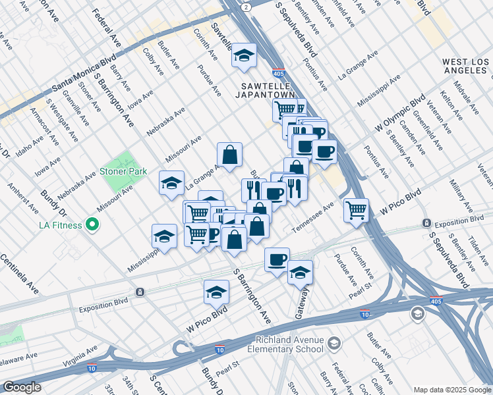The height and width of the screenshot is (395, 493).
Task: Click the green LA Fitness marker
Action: pos(92,225)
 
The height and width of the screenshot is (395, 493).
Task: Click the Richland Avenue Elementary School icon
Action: pos(334,344)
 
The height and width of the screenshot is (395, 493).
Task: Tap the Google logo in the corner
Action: pos(22,387)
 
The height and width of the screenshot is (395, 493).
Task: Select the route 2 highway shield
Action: pos(245,6)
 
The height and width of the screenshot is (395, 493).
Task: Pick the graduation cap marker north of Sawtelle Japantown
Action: pos(244,57)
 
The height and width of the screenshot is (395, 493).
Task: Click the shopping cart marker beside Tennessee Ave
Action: pos(356,211)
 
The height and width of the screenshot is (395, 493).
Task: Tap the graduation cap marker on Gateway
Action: pos(300,271)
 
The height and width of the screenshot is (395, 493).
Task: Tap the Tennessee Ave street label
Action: pos(319,213)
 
